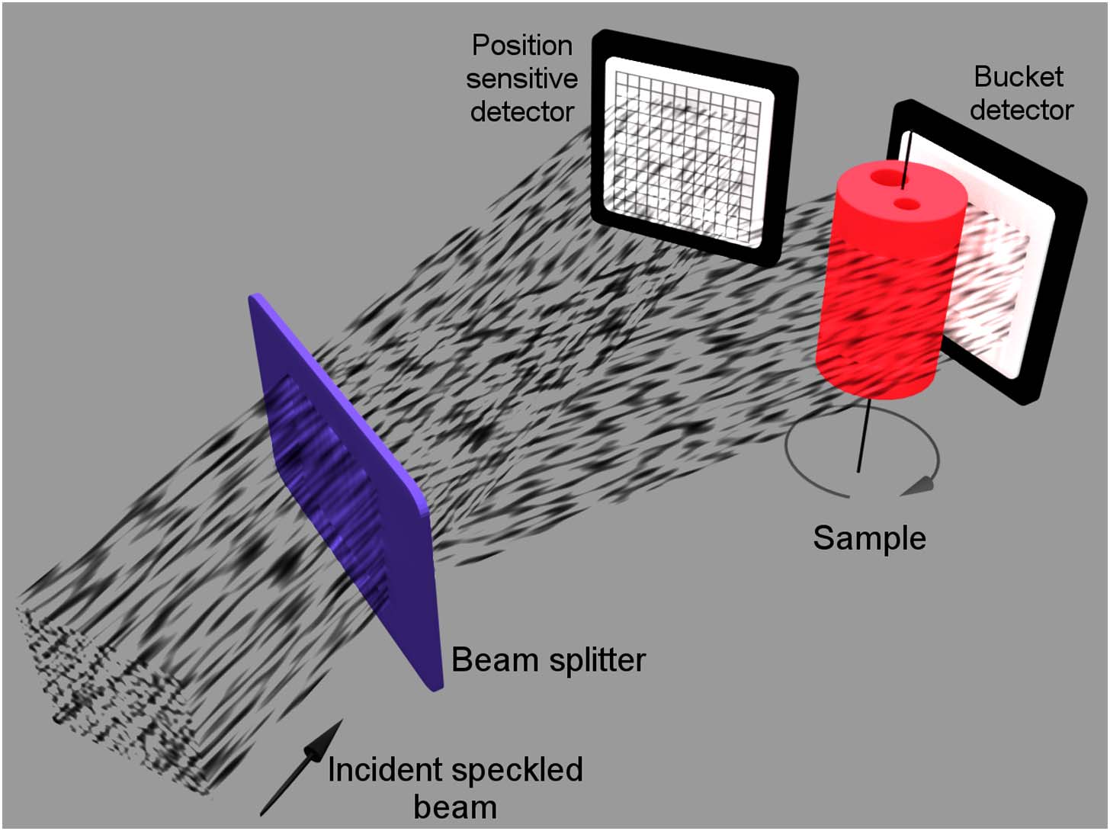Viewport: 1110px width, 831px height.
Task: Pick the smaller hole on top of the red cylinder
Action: (x=907, y=204)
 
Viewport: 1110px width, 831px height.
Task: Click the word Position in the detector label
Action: (x=522, y=46)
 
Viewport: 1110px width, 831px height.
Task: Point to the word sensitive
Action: (x=522, y=79)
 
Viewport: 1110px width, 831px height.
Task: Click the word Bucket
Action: (x=1019, y=76)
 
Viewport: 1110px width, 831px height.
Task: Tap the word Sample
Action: (x=869, y=538)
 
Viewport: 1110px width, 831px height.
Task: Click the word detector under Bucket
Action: (x=1022, y=111)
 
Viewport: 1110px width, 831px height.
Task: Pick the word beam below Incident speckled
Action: (x=455, y=807)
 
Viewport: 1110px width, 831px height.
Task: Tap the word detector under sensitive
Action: (x=522, y=112)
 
